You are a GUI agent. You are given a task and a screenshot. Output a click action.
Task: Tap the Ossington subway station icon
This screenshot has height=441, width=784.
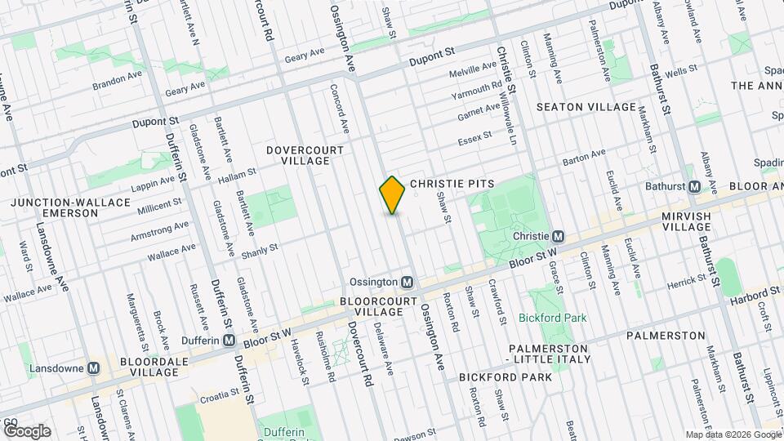(x=407, y=282)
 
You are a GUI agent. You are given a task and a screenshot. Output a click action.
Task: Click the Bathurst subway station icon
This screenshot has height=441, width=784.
(x=694, y=187)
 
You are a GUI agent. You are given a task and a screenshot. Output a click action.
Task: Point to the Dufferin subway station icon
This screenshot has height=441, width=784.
(x=230, y=340)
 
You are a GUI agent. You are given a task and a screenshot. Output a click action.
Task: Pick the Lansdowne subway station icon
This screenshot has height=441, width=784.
(x=94, y=367)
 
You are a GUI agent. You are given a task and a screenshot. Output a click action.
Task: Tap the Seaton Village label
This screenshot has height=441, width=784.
(x=586, y=107)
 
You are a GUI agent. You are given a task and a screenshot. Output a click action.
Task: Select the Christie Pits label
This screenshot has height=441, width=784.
(x=452, y=185)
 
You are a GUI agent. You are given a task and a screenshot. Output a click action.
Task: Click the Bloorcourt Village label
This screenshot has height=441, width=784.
(x=372, y=307)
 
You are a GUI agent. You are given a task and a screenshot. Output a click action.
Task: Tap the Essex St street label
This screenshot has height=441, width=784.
(x=474, y=140)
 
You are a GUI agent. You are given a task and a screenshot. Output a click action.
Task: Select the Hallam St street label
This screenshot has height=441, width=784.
(x=241, y=174)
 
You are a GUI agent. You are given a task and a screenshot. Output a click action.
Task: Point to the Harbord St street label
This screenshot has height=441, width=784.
(x=756, y=293)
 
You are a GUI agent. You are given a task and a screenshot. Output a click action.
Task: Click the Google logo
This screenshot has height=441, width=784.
(x=27, y=430)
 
